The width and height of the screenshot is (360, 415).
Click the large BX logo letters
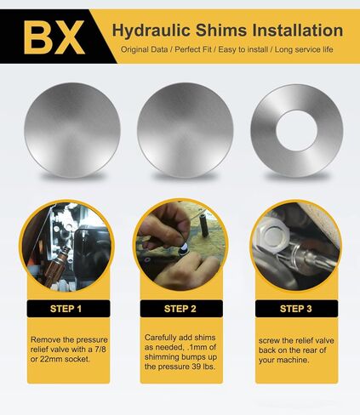(52, 36)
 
